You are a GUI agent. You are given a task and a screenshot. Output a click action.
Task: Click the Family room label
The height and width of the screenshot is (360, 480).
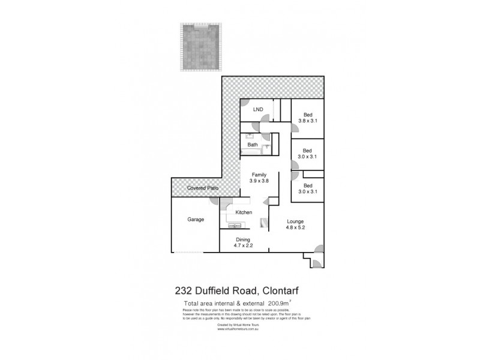point(259,175)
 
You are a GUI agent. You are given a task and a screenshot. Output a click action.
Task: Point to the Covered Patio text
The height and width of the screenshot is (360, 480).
point(202,188)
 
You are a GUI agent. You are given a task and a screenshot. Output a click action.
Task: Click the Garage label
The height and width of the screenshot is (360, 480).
point(196,220)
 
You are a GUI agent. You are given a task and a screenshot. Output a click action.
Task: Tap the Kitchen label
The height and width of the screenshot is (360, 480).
point(243,213)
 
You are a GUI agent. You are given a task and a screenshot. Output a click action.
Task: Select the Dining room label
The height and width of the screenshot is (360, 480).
point(242,239)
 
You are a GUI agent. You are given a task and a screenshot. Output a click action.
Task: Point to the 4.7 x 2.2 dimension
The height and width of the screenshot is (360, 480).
point(242,245)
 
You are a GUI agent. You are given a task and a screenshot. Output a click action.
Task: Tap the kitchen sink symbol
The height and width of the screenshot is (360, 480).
point(235,226)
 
